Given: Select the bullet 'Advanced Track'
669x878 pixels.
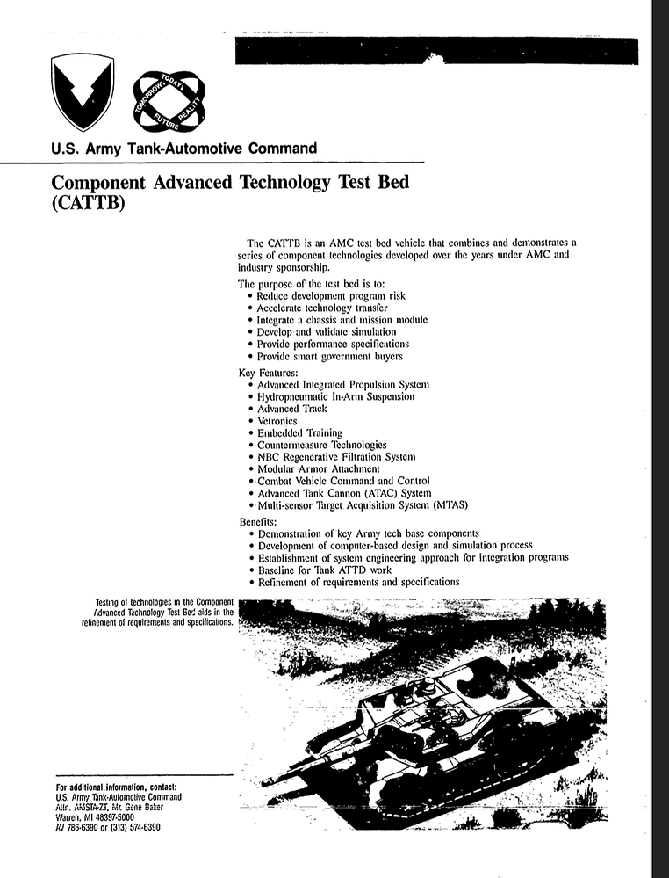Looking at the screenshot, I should [x=291, y=409].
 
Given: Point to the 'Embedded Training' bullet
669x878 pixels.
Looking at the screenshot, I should [x=299, y=433].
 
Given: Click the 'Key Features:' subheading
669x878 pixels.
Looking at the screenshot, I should [x=268, y=372].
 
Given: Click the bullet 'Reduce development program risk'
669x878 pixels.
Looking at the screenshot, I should [x=331, y=296].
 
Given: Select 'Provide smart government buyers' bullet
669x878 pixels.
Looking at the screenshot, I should [x=330, y=357].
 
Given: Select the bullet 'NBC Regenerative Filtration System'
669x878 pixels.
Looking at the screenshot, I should [x=336, y=457].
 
